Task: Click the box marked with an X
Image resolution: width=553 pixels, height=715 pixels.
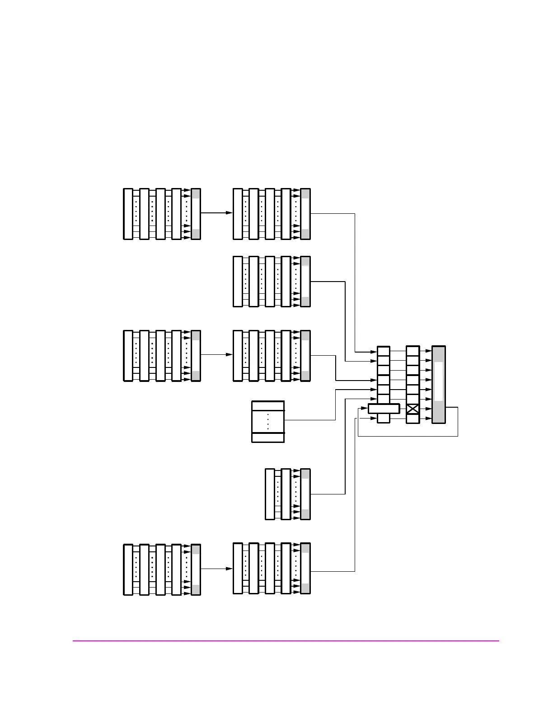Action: (x=412, y=409)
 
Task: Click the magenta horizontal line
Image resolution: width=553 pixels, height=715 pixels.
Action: (x=286, y=640)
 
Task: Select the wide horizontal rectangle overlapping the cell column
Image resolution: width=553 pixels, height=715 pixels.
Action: (x=384, y=409)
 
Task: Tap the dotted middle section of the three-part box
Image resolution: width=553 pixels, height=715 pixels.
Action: (x=268, y=421)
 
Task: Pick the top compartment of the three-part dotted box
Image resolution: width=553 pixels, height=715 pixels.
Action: (x=268, y=405)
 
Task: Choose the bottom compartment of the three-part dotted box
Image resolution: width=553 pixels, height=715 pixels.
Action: (x=268, y=437)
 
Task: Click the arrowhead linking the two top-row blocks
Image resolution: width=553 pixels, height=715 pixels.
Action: (x=229, y=212)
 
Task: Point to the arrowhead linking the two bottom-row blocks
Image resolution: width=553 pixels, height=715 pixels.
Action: (x=229, y=569)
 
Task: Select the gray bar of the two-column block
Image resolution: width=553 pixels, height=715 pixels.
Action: (x=305, y=494)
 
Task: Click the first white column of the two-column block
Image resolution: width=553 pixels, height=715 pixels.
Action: (x=270, y=494)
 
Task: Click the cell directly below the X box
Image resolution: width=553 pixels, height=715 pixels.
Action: (x=412, y=419)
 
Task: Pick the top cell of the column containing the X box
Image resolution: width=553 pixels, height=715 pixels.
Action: (x=412, y=351)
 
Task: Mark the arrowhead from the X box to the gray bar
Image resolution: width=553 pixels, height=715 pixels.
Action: (x=429, y=409)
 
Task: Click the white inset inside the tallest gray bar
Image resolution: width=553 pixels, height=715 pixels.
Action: (x=438, y=381)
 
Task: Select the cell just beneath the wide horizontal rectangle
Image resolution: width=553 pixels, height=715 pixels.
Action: (x=383, y=419)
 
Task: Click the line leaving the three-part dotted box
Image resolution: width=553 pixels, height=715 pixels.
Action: (x=310, y=420)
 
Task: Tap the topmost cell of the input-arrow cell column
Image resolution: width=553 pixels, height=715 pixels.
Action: (x=383, y=351)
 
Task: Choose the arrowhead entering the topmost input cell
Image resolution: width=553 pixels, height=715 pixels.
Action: (x=374, y=351)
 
